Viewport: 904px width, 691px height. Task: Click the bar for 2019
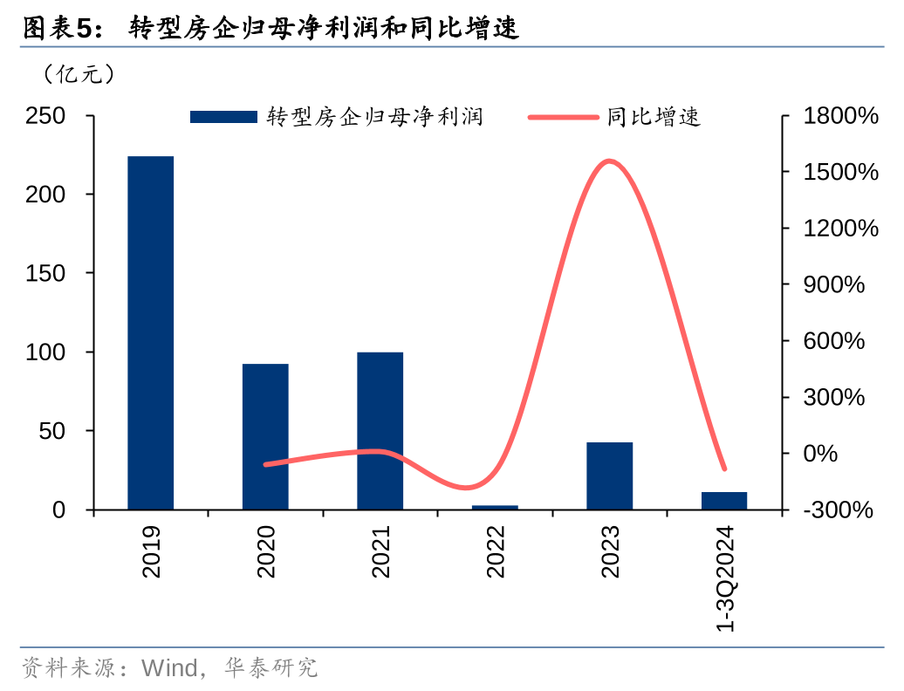coord(150,332)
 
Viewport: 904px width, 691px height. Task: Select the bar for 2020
coord(265,436)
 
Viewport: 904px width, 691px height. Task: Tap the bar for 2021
coord(380,430)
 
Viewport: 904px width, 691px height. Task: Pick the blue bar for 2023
coord(609,475)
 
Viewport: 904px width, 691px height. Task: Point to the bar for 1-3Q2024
coord(724,501)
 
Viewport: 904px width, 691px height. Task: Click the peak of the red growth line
coord(609,161)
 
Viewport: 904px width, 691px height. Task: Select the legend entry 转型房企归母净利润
coord(336,117)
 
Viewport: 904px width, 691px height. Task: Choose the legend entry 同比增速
coord(615,117)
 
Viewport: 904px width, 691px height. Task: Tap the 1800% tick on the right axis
coord(840,115)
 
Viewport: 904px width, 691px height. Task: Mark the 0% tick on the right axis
coord(820,454)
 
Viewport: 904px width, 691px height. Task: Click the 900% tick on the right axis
coord(834,284)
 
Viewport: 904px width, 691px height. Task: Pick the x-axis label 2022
coord(496,551)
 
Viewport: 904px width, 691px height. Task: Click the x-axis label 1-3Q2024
coord(726,579)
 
